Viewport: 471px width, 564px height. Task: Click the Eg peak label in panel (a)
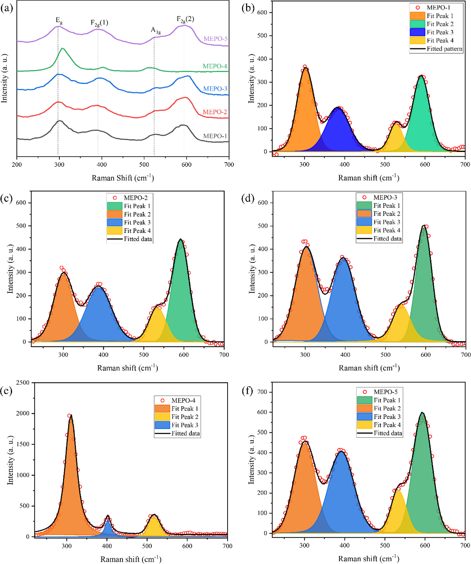(59, 20)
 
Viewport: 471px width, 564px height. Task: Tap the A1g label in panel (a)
(156, 30)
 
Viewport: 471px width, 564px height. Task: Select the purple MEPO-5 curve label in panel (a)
(215, 39)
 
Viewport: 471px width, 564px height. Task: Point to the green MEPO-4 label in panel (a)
(215, 66)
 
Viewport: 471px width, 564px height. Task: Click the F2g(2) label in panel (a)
(185, 19)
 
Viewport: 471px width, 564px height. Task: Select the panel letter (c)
(6, 198)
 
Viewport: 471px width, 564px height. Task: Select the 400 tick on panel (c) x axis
(103, 354)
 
